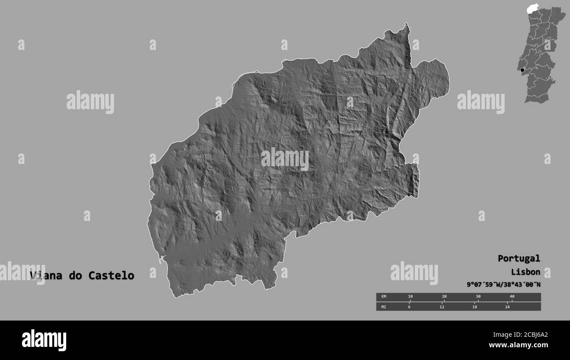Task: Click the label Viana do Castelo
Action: click(x=82, y=276)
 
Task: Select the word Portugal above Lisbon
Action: click(x=519, y=258)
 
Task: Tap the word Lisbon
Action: click(x=525, y=272)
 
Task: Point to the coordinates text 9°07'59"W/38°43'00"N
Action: click(x=503, y=285)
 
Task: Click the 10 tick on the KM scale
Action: click(x=410, y=297)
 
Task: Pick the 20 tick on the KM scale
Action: click(x=444, y=297)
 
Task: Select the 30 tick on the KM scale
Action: click(x=478, y=297)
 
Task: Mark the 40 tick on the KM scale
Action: click(x=512, y=297)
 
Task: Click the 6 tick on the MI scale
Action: click(x=409, y=307)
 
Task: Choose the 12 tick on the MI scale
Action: click(x=442, y=307)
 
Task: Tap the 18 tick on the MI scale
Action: click(x=474, y=307)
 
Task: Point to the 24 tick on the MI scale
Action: click(x=507, y=307)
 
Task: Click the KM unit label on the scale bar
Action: click(x=384, y=297)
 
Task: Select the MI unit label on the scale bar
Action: click(x=384, y=307)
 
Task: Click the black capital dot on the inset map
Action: click(x=522, y=70)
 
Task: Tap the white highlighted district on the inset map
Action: click(x=532, y=8)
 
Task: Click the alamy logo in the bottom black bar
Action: click(x=44, y=340)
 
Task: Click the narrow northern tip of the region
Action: click(x=407, y=27)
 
